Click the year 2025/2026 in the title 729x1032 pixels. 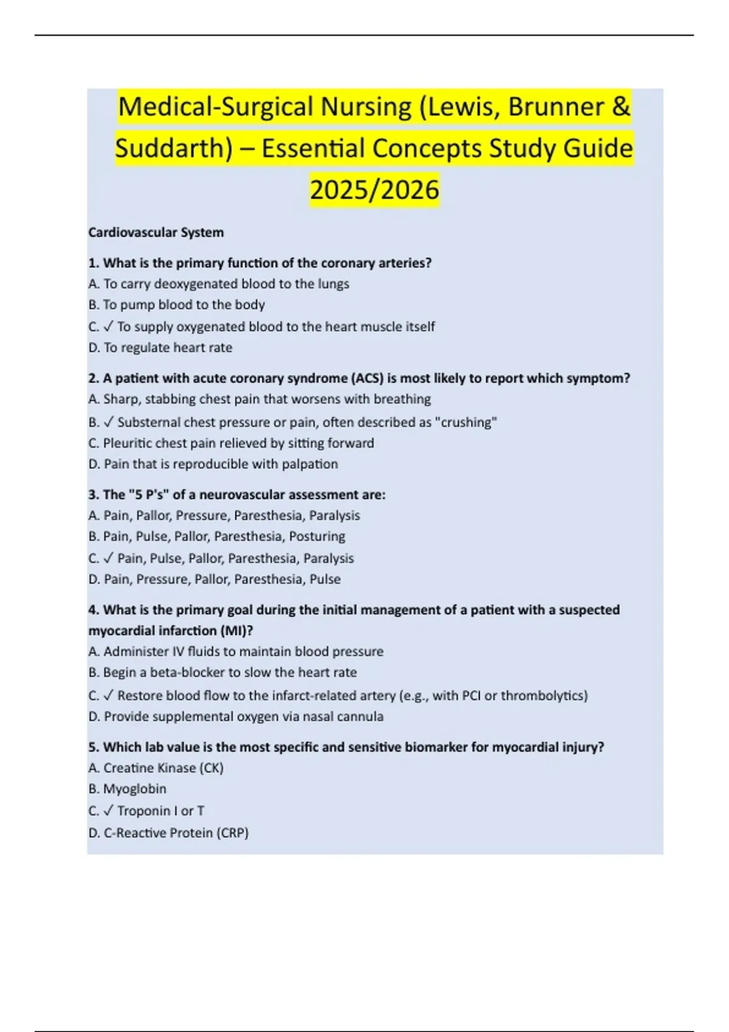click(x=374, y=189)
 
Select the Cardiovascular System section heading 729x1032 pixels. click(x=156, y=233)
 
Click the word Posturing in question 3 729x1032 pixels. click(x=317, y=536)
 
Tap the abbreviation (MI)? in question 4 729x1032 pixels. click(x=238, y=630)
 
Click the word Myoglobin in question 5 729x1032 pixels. click(x=135, y=789)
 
